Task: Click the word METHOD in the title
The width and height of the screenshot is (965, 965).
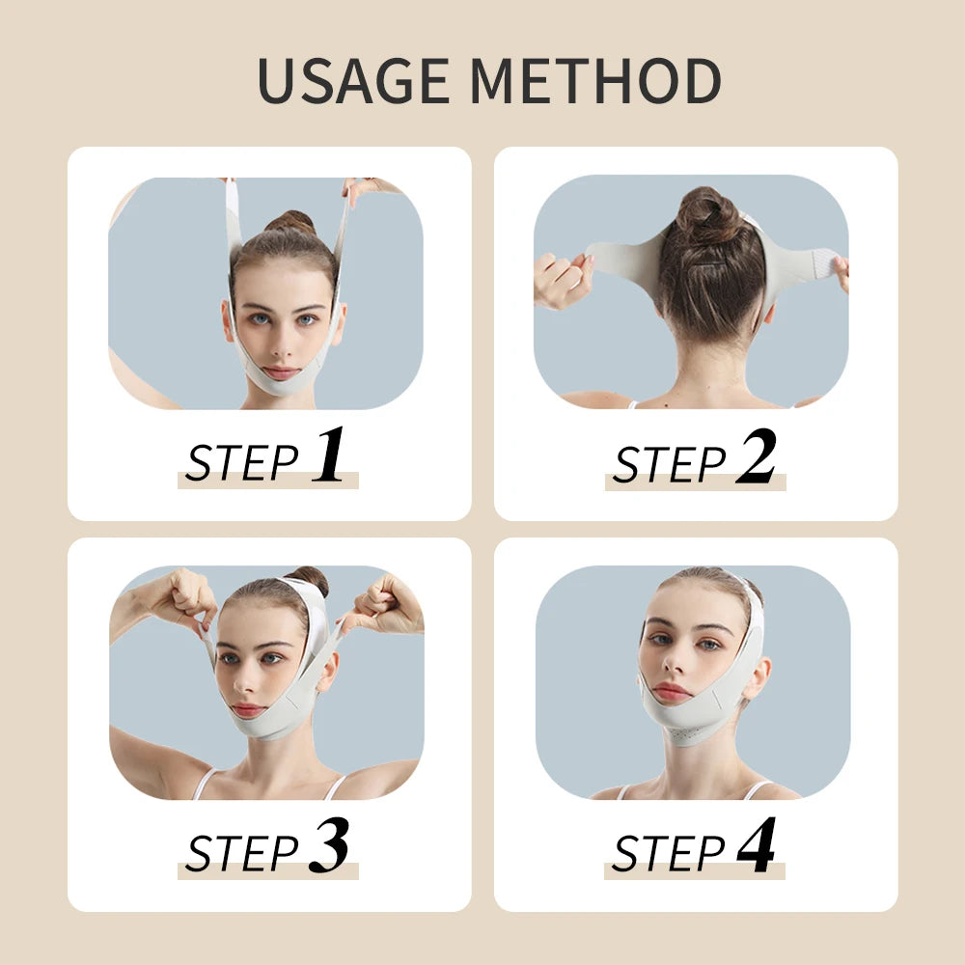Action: tap(598, 81)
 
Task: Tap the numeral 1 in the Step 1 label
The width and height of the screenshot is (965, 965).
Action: tap(328, 455)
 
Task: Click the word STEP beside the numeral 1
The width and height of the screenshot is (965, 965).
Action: tap(242, 462)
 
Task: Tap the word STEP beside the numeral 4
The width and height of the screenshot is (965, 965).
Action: tap(669, 853)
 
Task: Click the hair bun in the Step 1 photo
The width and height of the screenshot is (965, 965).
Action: tap(289, 224)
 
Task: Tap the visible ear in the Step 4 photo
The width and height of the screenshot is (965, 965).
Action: tap(757, 675)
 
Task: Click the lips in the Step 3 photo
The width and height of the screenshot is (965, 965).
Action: tap(248, 710)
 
